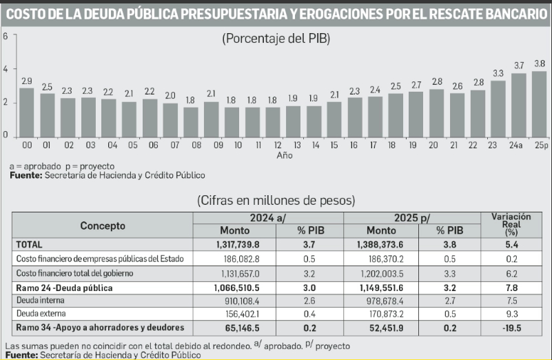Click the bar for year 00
coord(27,112)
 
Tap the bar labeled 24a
coord(519,105)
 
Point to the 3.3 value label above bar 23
coord(498,72)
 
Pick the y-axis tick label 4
coord(6,69)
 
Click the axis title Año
coord(284,156)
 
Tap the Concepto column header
coord(103,225)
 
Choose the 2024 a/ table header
coord(268,217)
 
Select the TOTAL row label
coord(30,243)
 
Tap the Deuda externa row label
coord(43,313)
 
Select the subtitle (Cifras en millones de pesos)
coord(276,201)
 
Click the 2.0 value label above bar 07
coord(170,96)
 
